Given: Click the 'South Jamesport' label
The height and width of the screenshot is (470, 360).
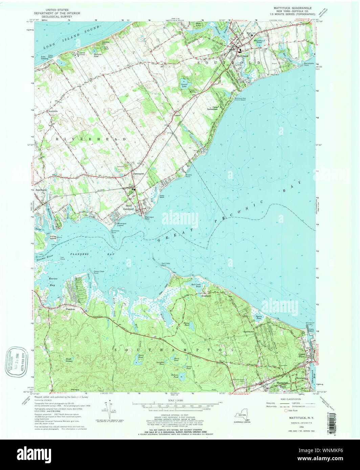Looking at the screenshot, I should pyautogui.click(x=129, y=207).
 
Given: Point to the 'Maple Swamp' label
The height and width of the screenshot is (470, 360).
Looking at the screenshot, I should pyautogui.click(x=69, y=361).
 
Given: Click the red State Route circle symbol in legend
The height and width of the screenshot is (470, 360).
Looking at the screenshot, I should pyautogui.click(x=285, y=410).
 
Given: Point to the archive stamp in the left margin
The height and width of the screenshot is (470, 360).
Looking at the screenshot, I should pyautogui.click(x=16, y=362).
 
